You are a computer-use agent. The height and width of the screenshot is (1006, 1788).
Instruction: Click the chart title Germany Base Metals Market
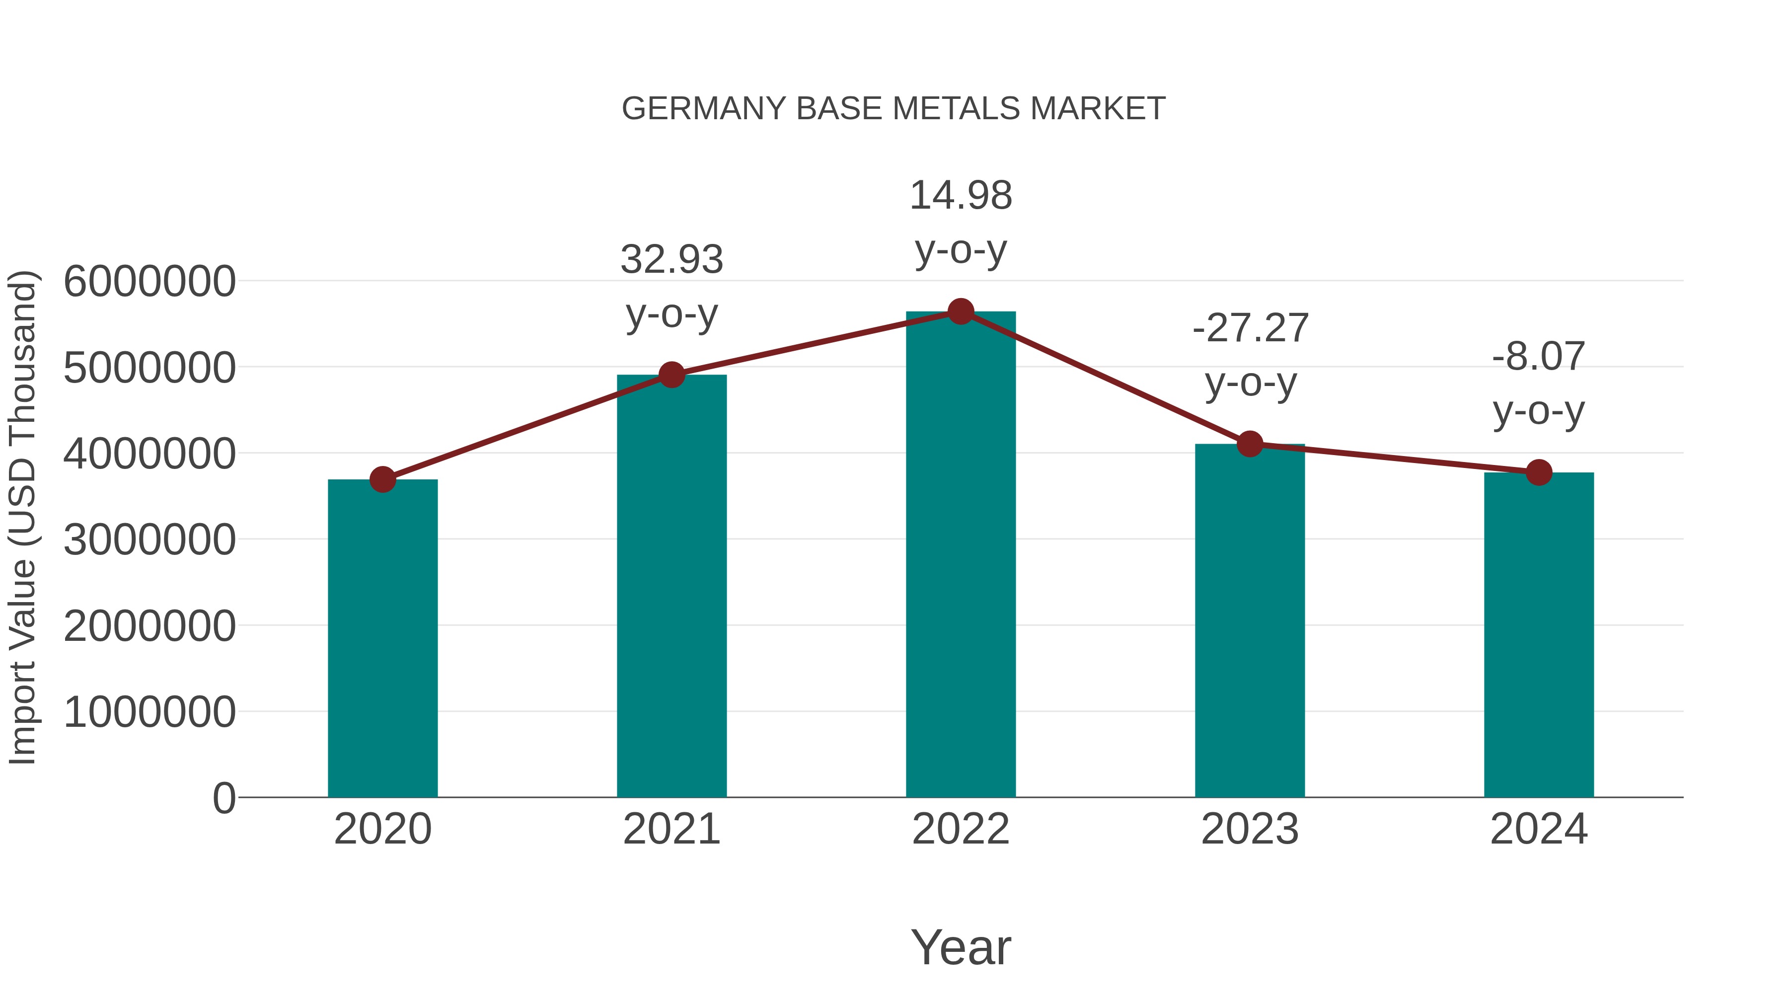(x=894, y=109)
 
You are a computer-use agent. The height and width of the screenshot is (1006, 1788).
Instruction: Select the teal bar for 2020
(x=382, y=639)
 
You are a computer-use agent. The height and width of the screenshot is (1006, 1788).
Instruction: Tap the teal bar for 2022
(x=961, y=555)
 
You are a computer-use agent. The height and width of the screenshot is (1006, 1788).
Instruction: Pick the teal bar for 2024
(x=1539, y=635)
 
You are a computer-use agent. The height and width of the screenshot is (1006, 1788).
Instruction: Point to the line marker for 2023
(x=1250, y=444)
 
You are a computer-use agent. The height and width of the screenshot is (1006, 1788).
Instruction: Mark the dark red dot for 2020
(x=382, y=479)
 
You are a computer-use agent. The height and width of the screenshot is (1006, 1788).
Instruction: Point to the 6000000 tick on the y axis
(x=149, y=282)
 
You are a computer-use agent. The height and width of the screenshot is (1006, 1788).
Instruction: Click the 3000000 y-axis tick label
(x=149, y=540)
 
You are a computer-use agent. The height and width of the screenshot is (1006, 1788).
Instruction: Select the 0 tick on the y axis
(x=223, y=798)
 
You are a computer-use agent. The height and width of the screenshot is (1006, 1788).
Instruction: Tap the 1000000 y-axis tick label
(x=149, y=712)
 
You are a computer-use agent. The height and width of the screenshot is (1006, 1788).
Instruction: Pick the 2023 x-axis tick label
(x=1250, y=829)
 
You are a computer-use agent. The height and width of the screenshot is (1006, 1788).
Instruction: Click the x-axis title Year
(x=961, y=947)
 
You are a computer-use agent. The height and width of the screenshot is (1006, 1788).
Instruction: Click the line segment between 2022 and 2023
(x=1105, y=377)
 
